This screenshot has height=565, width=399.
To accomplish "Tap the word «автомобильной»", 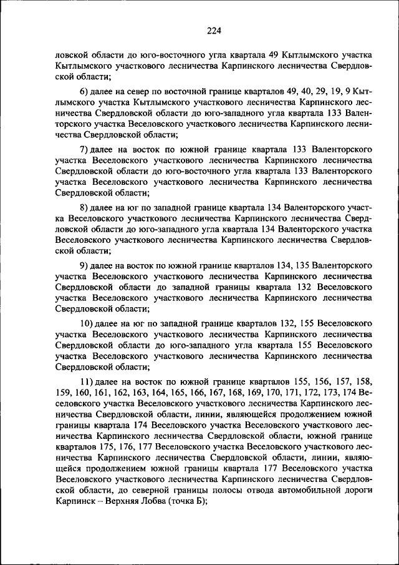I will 310,491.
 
